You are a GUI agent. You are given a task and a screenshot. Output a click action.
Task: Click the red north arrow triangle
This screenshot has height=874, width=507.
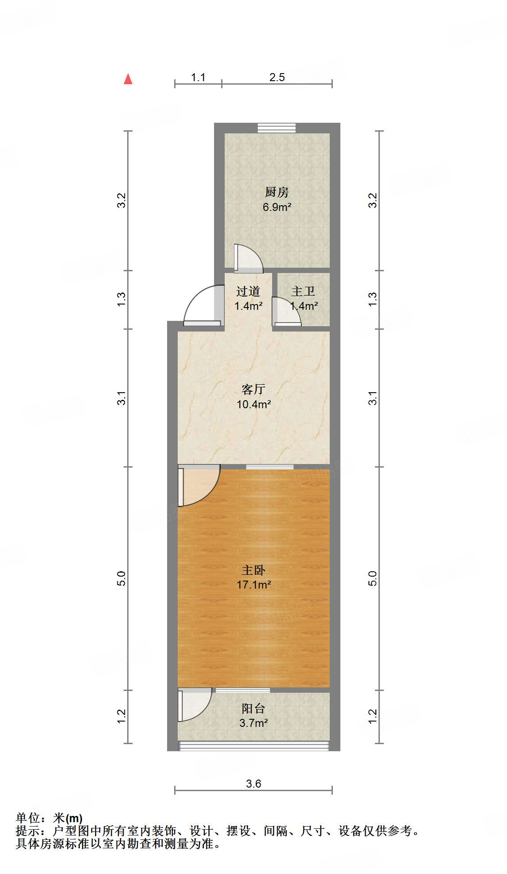[128, 79]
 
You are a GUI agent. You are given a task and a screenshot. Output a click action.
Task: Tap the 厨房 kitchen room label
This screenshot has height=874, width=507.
[277, 192]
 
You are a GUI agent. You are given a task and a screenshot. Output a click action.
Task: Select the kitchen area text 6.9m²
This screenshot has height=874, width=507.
[277, 207]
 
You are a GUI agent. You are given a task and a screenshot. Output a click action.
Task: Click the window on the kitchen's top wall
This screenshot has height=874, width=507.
[277, 128]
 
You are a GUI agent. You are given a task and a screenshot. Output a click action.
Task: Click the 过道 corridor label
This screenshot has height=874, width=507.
[248, 291]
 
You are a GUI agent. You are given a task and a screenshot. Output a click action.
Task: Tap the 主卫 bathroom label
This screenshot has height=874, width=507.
[303, 291]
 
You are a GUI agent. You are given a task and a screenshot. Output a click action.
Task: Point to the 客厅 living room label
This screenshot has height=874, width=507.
[253, 389]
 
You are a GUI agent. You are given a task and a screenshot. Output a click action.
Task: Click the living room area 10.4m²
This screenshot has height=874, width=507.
[253, 404]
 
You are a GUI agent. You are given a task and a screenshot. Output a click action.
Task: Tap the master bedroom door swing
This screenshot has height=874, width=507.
[199, 485]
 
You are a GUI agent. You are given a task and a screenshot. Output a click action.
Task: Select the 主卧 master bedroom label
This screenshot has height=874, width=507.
[253, 570]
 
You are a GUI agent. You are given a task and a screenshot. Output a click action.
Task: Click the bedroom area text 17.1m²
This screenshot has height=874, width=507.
[253, 585]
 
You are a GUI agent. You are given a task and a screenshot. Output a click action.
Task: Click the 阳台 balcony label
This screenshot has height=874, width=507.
[253, 708]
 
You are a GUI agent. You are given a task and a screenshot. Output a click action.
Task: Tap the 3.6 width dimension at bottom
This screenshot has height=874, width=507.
[253, 784]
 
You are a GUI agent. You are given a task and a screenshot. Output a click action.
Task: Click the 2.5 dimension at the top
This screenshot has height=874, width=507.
[277, 78]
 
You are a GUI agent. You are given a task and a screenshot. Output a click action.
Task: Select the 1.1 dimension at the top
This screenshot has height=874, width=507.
[198, 78]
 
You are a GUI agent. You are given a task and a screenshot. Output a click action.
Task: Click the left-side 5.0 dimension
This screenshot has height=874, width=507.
[121, 578]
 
